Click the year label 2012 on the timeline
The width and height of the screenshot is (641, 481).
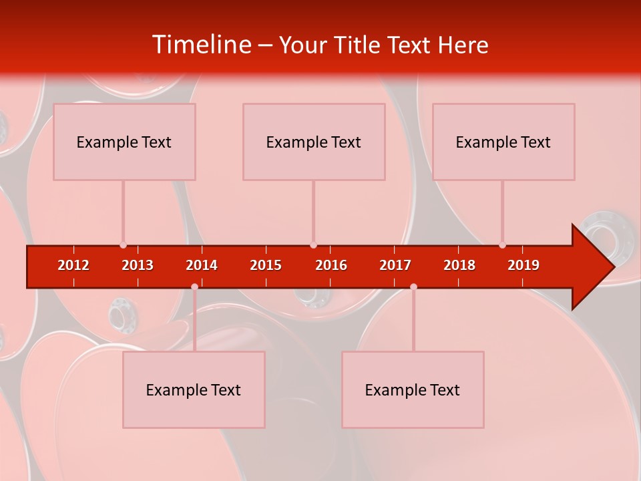coord(73,265)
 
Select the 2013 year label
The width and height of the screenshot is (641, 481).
coord(138,265)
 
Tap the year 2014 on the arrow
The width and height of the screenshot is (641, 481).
coord(202,265)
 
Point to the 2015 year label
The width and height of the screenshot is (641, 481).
coord(266,265)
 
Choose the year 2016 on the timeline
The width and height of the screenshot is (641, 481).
coord(331,265)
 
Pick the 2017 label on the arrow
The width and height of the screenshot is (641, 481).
coord(395,265)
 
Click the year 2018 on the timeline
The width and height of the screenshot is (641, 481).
coord(459,265)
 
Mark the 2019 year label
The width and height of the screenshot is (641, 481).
coord(523,265)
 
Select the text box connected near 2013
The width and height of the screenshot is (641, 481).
coord(124,142)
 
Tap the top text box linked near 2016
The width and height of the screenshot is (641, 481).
coord(314,142)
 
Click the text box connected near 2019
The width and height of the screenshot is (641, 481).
coord(503,142)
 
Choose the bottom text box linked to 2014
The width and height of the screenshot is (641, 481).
coord(194,389)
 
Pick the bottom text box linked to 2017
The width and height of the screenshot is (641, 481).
coord(413,389)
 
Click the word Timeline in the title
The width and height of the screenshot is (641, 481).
coord(201,44)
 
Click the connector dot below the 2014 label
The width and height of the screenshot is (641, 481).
coord(194,287)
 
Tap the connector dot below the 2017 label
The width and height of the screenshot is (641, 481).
coord(413,287)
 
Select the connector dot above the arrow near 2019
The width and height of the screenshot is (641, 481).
coord(502,245)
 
